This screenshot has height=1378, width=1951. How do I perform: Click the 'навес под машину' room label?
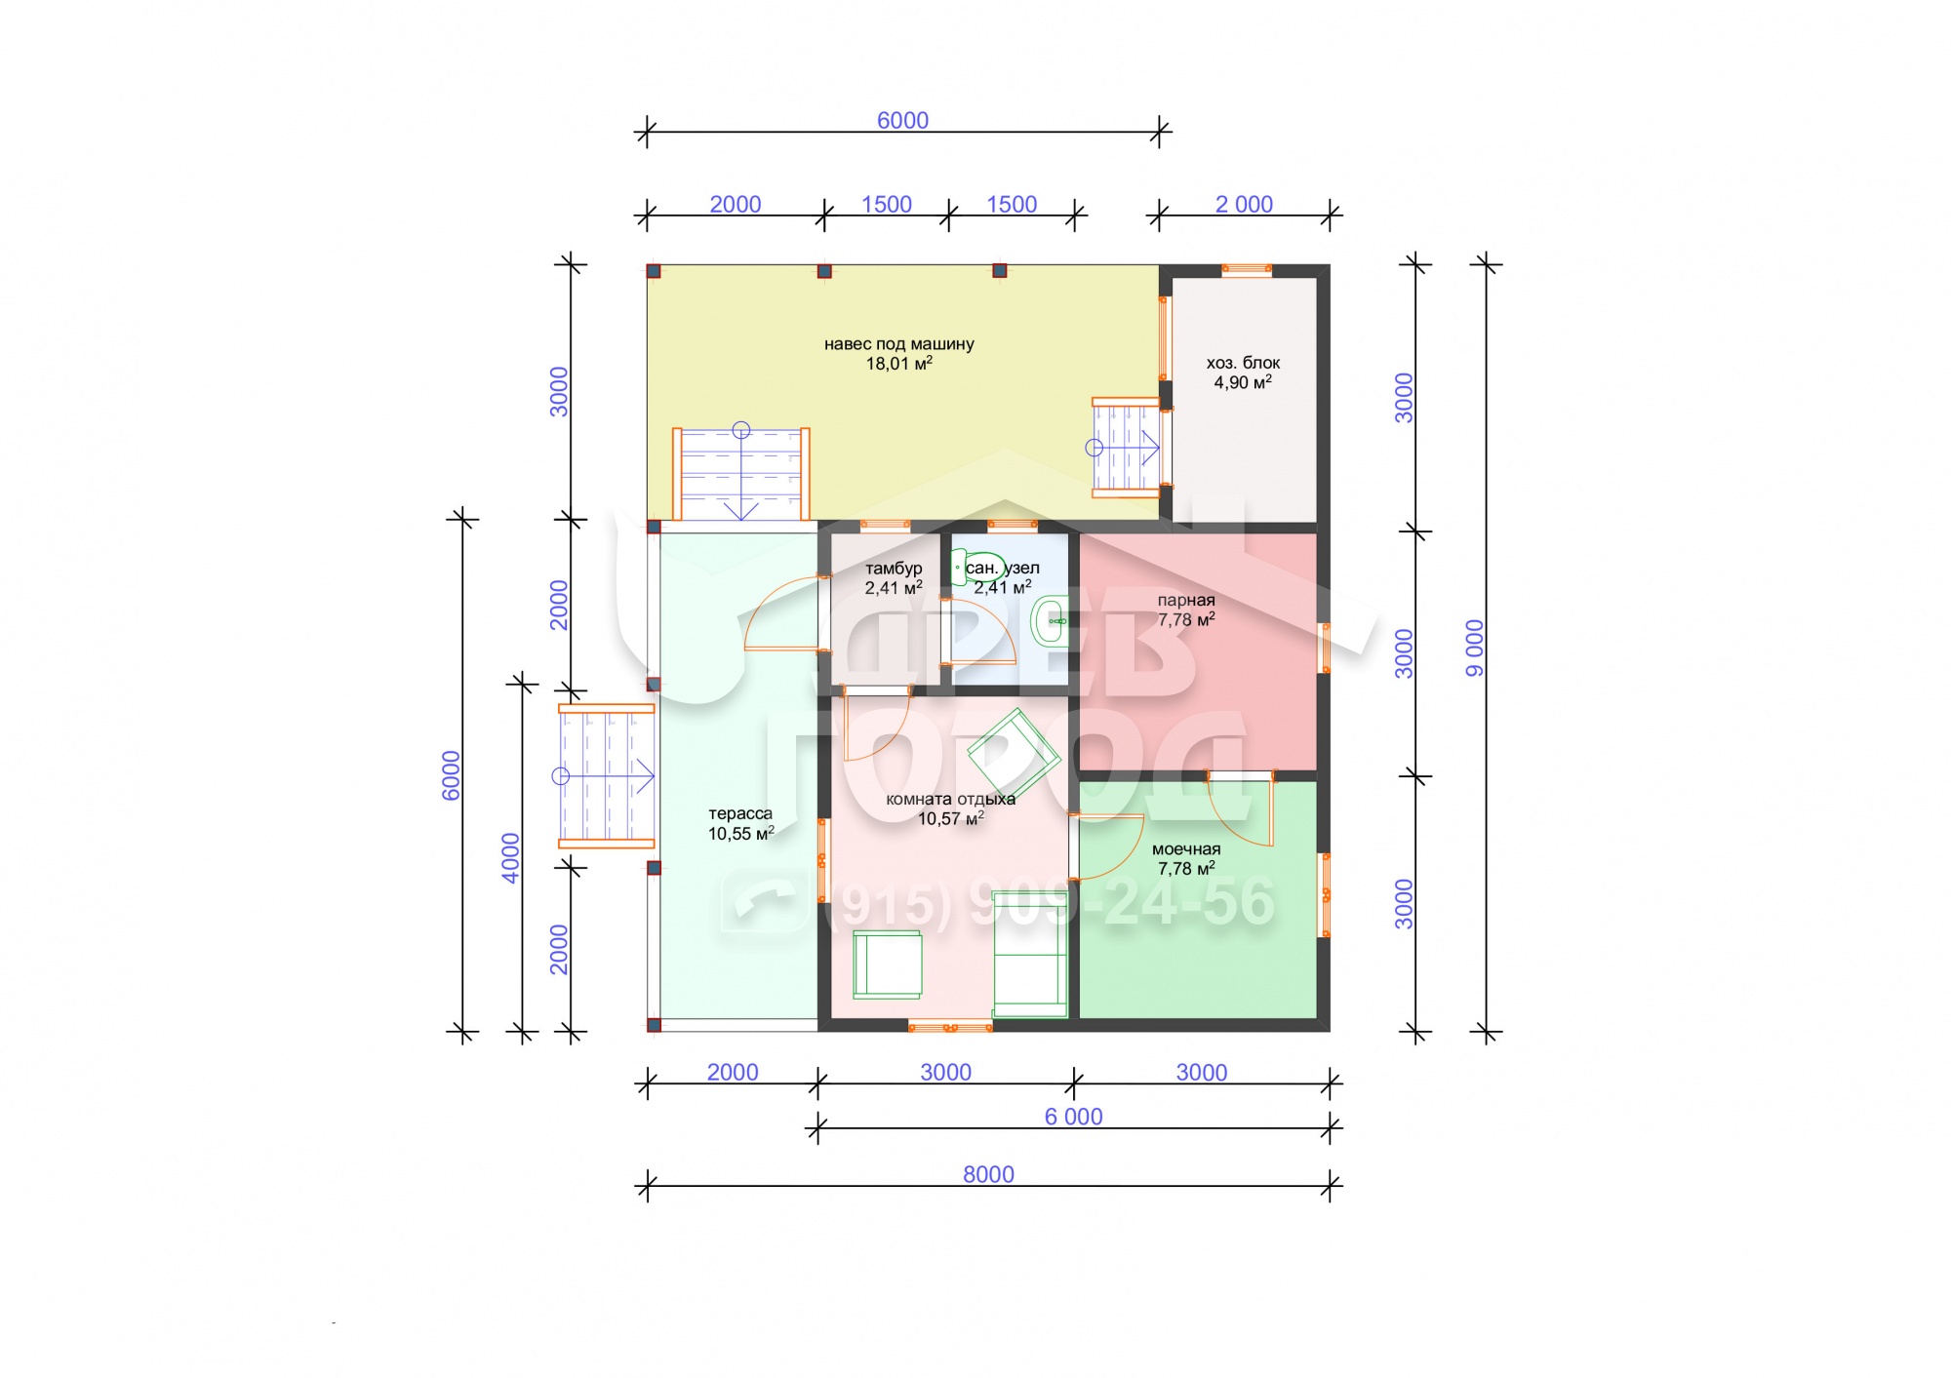pyautogui.click(x=898, y=344)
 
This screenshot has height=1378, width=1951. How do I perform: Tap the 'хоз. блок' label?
pyautogui.click(x=1243, y=363)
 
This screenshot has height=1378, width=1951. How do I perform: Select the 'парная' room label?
pyautogui.click(x=1186, y=601)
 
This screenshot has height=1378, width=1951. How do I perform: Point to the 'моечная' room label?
pyautogui.click(x=1186, y=849)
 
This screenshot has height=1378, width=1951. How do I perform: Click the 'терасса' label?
pyautogui.click(x=740, y=814)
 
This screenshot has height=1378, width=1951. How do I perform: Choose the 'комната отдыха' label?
pyautogui.click(x=950, y=800)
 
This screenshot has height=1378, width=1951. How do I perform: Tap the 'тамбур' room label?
pyautogui.click(x=894, y=569)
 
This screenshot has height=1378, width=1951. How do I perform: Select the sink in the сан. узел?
pyautogui.click(x=1051, y=620)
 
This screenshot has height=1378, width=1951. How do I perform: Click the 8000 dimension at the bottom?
pyautogui.click(x=988, y=1174)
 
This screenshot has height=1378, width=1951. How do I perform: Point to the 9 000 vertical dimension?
pyautogui.click(x=1474, y=648)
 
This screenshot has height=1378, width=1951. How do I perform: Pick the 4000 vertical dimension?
pyautogui.click(x=510, y=858)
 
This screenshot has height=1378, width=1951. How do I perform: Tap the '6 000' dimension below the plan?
pyautogui.click(x=1073, y=1117)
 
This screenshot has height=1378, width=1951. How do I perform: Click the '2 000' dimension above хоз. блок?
pyautogui.click(x=1244, y=204)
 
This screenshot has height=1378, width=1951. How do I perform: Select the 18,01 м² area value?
pyautogui.click(x=899, y=364)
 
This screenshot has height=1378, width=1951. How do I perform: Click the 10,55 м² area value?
pyautogui.click(x=740, y=834)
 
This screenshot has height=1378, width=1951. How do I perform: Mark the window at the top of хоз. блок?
pyautogui.click(x=1247, y=270)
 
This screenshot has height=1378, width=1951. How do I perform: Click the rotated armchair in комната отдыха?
pyautogui.click(x=1014, y=753)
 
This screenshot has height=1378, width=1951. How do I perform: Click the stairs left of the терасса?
pyautogui.click(x=606, y=776)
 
